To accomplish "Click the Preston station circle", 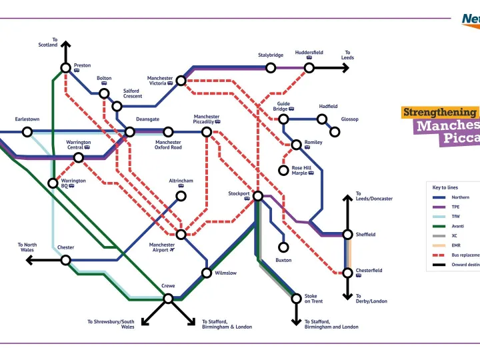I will pos(66,67).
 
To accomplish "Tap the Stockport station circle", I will pos(258,196).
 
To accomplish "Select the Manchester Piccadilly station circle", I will pos(207,132).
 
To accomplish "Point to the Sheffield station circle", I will pos(347,235).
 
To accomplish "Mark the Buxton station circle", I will pos(283,247).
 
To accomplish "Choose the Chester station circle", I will pos(66,260).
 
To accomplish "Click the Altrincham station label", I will pos(181,181).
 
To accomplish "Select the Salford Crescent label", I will pos(132,93).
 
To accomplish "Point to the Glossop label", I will pos(350,119).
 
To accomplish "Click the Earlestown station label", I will pos(27,119).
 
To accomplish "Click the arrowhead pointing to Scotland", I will pos(66,45).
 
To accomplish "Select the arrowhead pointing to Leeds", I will pos(345,67).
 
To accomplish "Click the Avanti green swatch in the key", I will pos(439,226).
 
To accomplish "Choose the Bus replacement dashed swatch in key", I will pos(439,255).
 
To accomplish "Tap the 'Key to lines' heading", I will pos(445,187).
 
